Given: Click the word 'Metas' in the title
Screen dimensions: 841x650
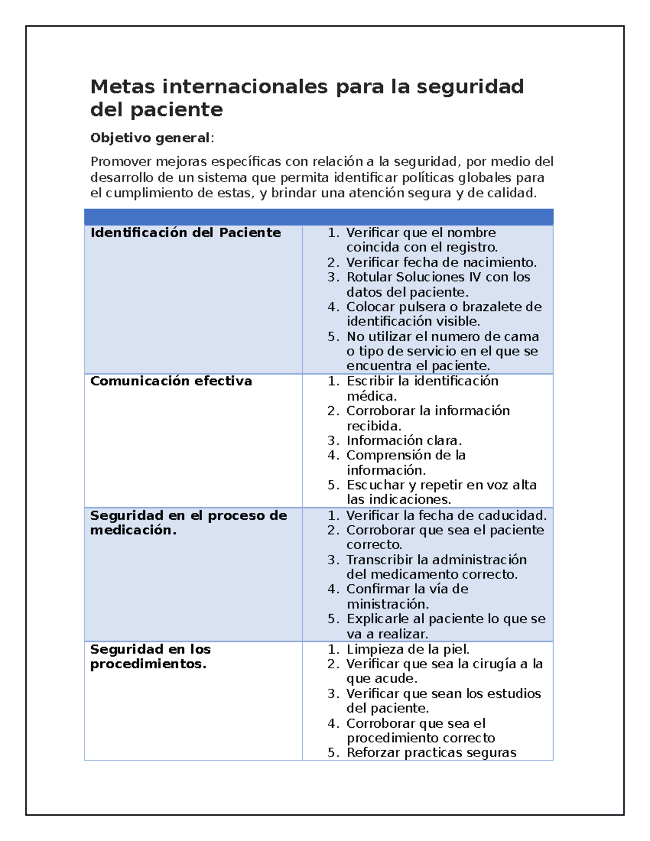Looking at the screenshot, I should click(x=122, y=87).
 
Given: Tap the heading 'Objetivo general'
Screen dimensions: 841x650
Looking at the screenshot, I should click(x=150, y=138).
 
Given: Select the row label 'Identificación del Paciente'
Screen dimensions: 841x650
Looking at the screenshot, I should click(x=185, y=233).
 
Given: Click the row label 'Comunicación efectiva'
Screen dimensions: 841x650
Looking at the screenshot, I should click(x=171, y=381).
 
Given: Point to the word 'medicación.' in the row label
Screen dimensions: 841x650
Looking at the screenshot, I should click(x=133, y=530).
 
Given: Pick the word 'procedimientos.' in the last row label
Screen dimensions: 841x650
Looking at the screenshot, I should click(x=148, y=664).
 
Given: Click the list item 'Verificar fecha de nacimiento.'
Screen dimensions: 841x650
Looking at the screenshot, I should click(x=441, y=263).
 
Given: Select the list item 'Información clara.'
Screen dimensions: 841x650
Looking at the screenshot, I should click(x=404, y=441).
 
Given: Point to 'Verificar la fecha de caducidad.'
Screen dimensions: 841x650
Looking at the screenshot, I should click(x=446, y=516).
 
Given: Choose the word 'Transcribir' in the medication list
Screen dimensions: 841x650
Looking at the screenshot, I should click(x=380, y=560).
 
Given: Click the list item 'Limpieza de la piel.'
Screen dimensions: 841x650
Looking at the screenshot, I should click(x=408, y=649).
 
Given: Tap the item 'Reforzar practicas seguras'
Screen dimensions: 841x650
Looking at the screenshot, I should click(x=431, y=753).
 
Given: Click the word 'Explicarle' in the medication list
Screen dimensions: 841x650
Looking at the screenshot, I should click(x=378, y=619).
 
